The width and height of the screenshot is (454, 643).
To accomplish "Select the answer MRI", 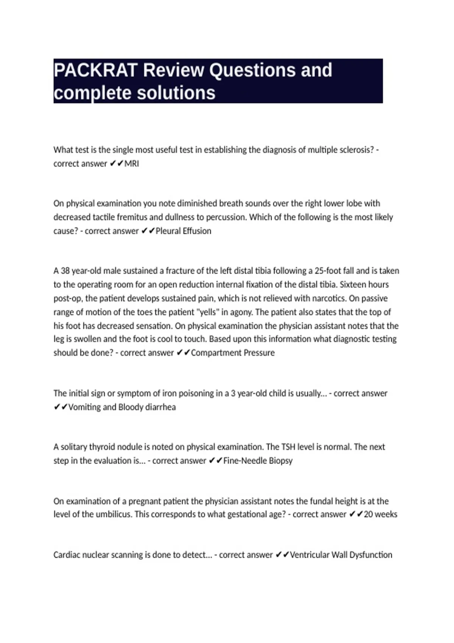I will [x=132, y=164].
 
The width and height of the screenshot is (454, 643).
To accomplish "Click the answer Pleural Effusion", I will [x=183, y=231].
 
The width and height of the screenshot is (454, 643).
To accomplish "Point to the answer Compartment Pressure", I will [x=233, y=353].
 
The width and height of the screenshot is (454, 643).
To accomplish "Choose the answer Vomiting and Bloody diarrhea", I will [x=122, y=407].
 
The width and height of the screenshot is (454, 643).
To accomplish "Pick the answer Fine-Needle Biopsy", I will [x=258, y=461].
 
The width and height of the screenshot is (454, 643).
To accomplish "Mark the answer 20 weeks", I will [x=380, y=514].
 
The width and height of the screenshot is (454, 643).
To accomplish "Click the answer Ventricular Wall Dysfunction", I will [x=341, y=555].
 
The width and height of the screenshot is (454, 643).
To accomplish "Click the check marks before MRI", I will [x=116, y=164].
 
